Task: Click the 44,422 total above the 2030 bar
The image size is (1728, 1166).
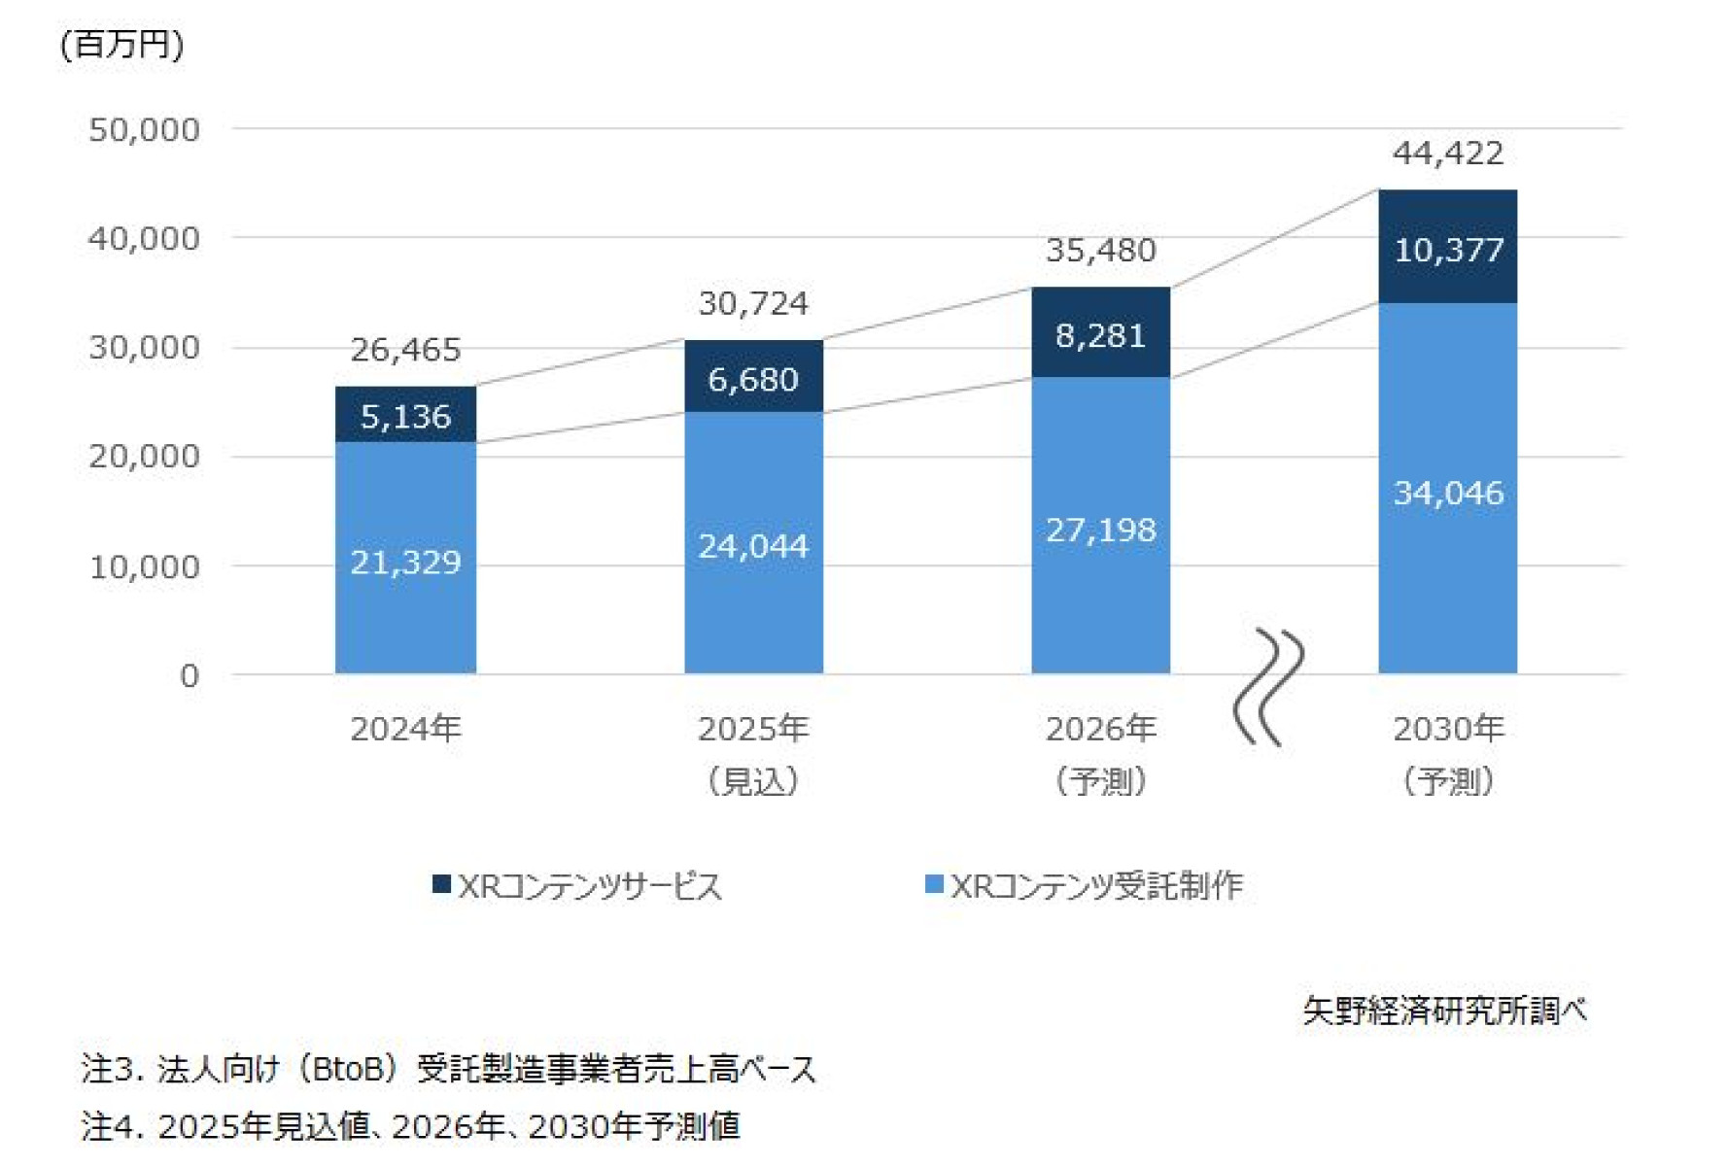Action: tap(1447, 154)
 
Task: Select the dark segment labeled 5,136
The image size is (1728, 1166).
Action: tap(405, 416)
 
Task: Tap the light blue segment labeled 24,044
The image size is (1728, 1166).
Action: tap(753, 545)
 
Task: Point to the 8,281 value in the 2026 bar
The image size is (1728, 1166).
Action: tap(1100, 335)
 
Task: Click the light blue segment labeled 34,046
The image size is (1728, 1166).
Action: tap(1447, 493)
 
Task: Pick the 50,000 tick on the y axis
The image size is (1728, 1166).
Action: tap(144, 130)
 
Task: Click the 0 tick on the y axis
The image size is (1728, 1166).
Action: tap(190, 675)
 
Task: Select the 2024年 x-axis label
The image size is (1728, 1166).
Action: tap(405, 728)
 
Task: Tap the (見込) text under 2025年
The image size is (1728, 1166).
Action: tap(753, 780)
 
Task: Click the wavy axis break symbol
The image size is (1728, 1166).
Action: tap(1268, 686)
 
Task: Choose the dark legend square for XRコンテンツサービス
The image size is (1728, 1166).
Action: tap(441, 884)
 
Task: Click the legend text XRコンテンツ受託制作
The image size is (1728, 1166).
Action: tap(1096, 885)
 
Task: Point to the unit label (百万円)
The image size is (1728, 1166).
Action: tap(121, 45)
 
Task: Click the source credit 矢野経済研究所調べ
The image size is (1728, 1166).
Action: tap(1444, 1011)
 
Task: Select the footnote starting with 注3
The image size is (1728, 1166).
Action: tap(448, 1069)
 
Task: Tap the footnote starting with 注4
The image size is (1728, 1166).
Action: tap(410, 1126)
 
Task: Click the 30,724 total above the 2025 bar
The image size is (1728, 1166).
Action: tap(753, 303)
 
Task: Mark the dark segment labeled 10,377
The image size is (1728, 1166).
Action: tap(1447, 250)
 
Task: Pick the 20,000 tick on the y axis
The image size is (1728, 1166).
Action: tap(144, 456)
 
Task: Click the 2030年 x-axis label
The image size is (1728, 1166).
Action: tap(1447, 728)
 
